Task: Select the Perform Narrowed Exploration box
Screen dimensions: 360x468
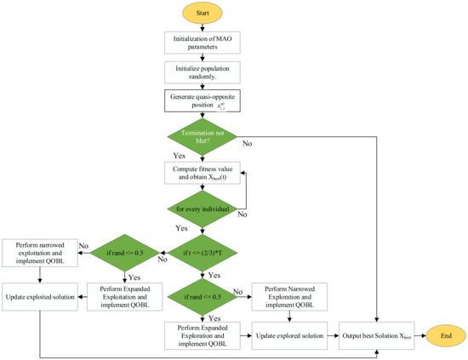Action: click(x=291, y=297)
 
